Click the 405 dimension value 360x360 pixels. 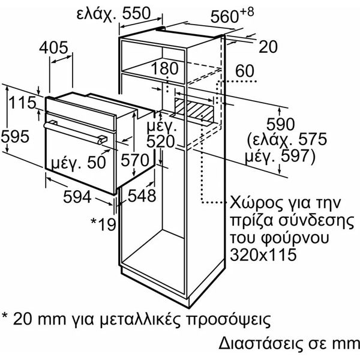(x=54, y=48)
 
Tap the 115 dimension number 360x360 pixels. (x=22, y=103)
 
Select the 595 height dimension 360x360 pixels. (x=15, y=136)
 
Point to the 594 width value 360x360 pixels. (x=77, y=197)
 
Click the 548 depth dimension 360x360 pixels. (x=142, y=196)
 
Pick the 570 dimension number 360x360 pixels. (x=135, y=160)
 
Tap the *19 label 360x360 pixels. (x=103, y=224)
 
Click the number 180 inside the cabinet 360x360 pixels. (x=164, y=68)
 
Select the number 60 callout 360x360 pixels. (x=245, y=71)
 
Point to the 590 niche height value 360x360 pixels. (x=280, y=124)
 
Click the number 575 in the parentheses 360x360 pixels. (x=312, y=139)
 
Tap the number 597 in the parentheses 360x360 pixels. (x=295, y=156)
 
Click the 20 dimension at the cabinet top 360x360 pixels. (x=268, y=47)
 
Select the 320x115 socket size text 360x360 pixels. (x=263, y=254)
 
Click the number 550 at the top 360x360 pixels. (x=136, y=13)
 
